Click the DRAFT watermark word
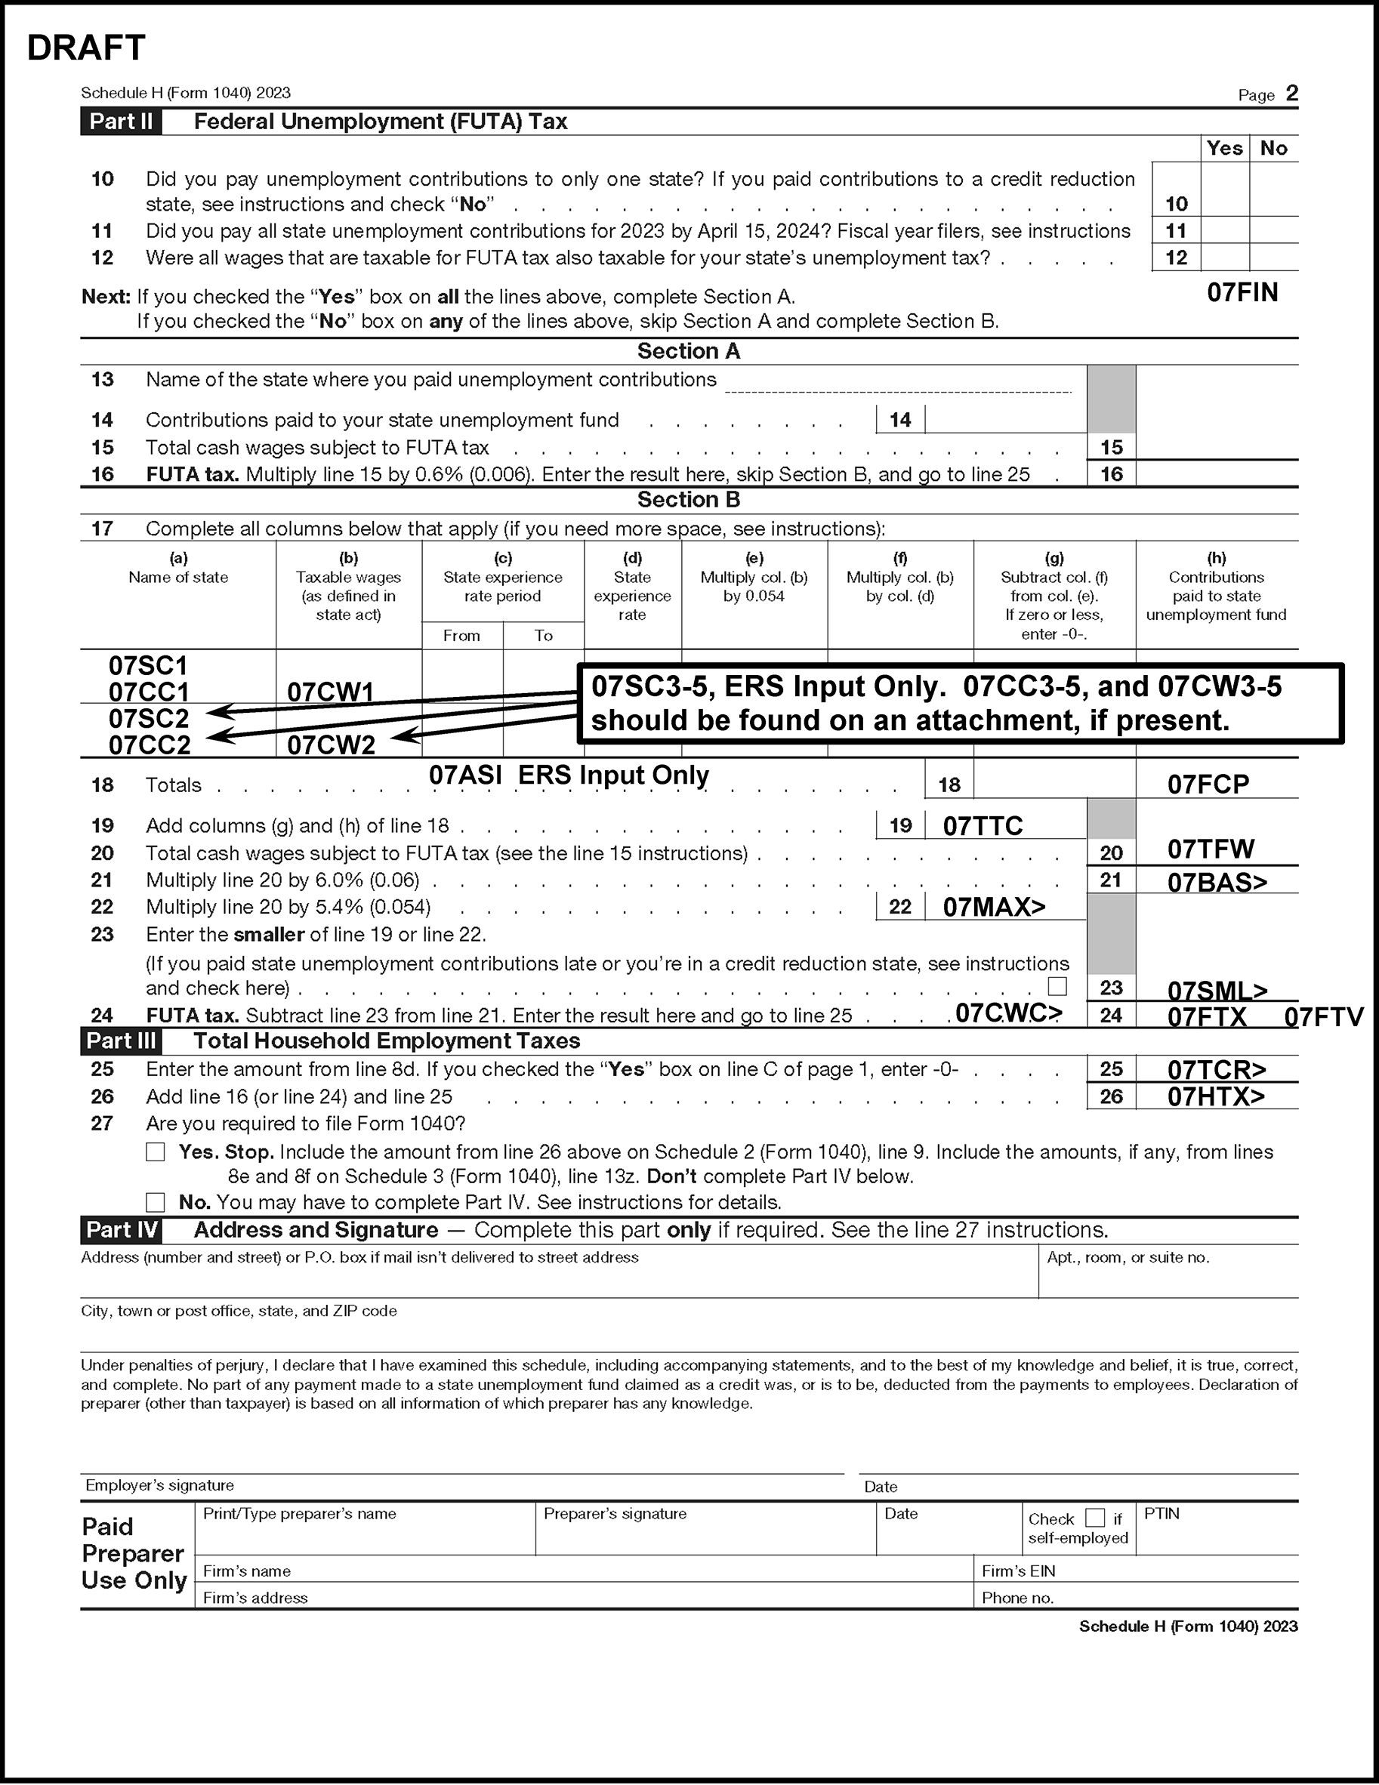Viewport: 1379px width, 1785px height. coord(86,48)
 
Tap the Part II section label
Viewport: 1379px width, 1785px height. coord(121,122)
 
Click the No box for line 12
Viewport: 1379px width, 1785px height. coord(1273,257)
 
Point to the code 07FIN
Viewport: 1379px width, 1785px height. coord(1242,293)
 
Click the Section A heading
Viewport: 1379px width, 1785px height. coord(688,351)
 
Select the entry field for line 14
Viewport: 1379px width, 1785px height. coord(1004,420)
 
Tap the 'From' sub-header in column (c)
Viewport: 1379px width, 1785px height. coord(462,635)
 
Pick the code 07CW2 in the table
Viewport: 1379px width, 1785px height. coord(331,745)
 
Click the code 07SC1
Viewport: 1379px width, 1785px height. coord(148,665)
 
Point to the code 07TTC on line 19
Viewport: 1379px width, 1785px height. coord(983,826)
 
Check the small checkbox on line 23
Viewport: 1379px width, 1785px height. coord(1057,986)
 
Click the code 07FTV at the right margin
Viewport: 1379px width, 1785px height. coord(1323,1017)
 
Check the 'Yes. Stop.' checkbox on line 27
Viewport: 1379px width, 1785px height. coord(156,1152)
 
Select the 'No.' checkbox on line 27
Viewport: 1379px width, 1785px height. coord(156,1202)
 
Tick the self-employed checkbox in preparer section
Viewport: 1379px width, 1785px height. coord(1094,1518)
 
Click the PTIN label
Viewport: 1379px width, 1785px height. coord(1162,1514)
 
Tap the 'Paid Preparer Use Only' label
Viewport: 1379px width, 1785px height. coord(134,1553)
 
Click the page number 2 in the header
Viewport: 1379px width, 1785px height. coord(1291,93)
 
